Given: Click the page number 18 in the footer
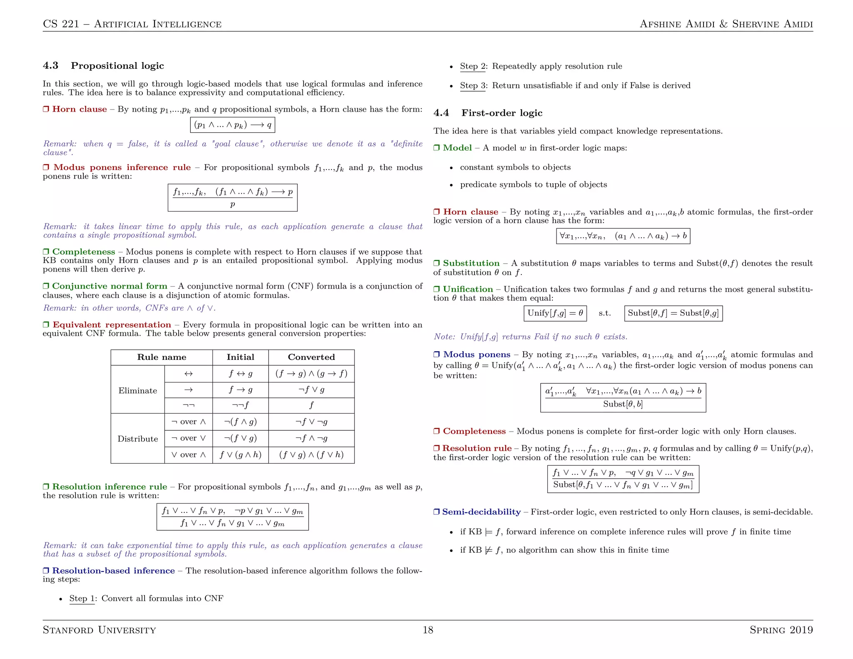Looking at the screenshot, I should (428, 630).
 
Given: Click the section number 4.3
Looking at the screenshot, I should (50, 66).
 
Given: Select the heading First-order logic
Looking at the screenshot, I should (501, 113).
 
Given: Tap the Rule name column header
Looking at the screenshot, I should (162, 357).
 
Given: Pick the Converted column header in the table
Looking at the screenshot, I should (311, 357).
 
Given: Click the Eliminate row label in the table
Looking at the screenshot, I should (137, 391).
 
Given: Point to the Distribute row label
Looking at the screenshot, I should (137, 439).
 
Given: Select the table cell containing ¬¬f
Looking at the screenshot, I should (240, 405).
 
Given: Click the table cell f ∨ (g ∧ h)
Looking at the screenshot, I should (240, 455).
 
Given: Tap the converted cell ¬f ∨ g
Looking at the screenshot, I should (311, 390).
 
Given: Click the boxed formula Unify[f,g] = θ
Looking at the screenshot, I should (555, 313).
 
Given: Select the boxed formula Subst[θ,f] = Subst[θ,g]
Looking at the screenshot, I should (673, 313).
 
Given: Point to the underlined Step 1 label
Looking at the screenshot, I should (82, 599).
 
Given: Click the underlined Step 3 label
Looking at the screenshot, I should (473, 86).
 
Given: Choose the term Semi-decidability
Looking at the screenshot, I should (481, 512).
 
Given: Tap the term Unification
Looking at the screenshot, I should (467, 289).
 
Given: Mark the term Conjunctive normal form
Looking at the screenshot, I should (110, 286).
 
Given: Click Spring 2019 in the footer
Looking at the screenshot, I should (781, 630).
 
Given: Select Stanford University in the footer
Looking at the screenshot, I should (99, 630).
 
